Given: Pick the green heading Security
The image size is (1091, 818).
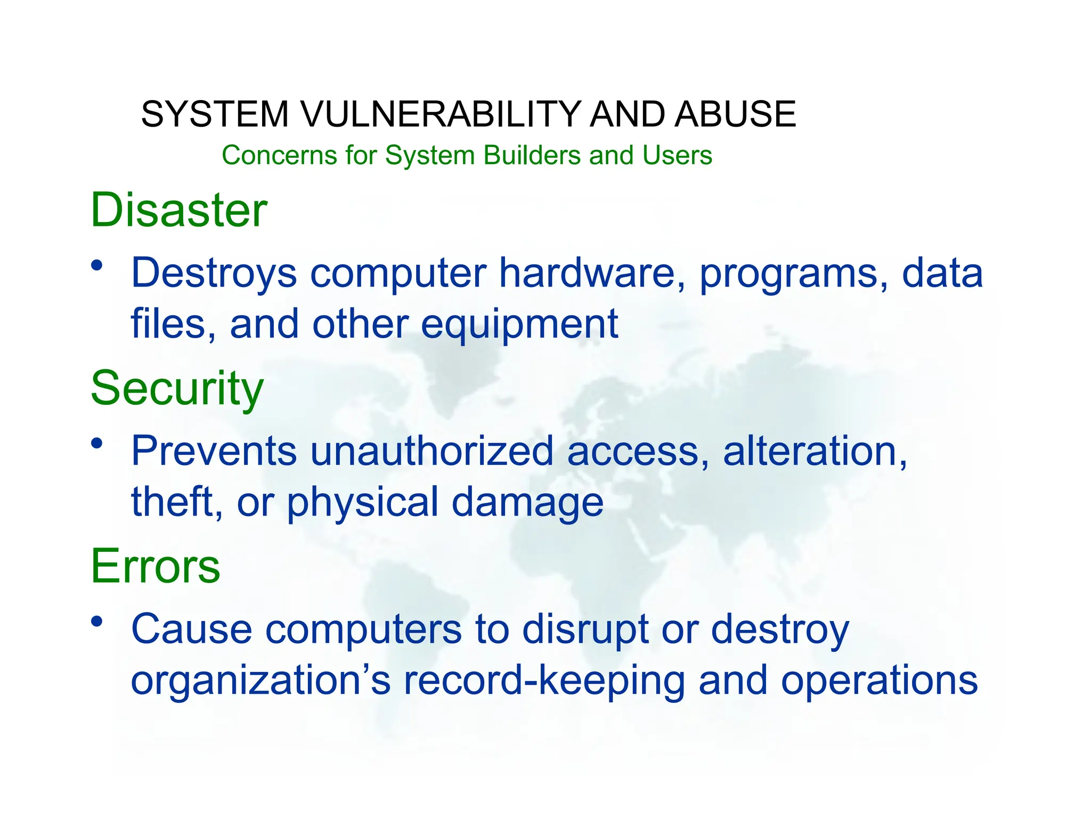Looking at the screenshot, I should click(177, 389).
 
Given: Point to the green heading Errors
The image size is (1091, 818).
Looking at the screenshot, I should click(155, 566).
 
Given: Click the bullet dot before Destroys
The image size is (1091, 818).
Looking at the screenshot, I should click(96, 265).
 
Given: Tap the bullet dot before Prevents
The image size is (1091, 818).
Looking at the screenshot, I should click(96, 443).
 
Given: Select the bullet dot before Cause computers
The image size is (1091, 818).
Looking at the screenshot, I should click(96, 620).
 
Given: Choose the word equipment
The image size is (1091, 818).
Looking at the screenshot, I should click(519, 324).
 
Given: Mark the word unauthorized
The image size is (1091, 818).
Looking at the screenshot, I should click(432, 451).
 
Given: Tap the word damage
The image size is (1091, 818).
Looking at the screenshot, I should click(527, 503).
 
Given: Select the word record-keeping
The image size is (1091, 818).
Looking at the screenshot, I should click(544, 681).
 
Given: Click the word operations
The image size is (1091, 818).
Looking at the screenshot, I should click(879, 681).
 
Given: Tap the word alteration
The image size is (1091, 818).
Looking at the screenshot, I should click(814, 451).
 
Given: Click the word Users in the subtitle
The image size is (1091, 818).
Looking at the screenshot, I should click(677, 156).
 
